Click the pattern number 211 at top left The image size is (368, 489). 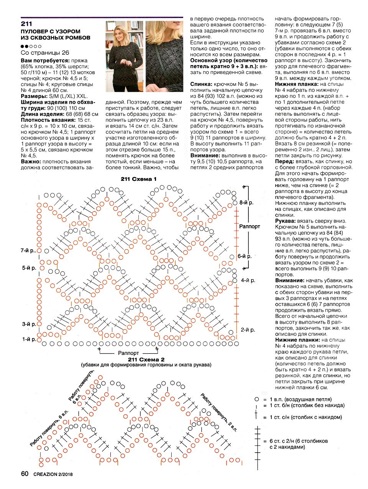[26, 24]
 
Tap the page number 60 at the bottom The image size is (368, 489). [25, 474]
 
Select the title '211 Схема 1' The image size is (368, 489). [138, 179]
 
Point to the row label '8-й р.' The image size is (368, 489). [246, 202]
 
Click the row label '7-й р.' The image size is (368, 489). [28, 250]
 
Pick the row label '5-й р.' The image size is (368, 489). [29, 268]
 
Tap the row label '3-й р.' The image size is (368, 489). [29, 324]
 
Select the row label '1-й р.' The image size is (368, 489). [29, 339]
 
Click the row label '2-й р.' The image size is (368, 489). [248, 330]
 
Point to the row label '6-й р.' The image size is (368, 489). [245, 256]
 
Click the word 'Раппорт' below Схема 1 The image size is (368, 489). [128, 353]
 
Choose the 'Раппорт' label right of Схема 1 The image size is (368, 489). [250, 226]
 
